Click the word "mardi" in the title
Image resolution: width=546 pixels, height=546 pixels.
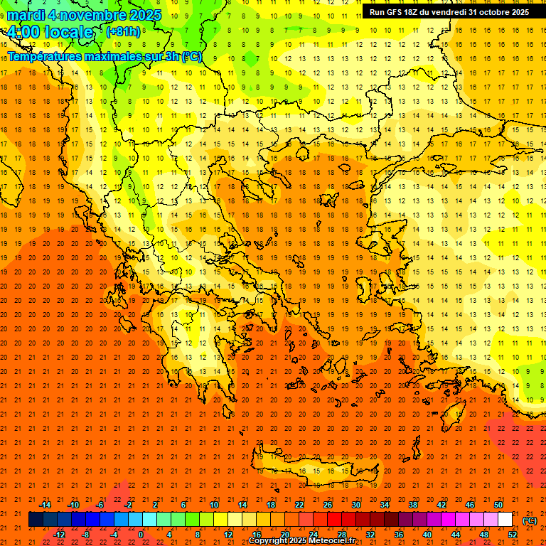28,15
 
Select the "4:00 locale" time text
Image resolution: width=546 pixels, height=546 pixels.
50,32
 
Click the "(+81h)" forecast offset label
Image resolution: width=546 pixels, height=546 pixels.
123,32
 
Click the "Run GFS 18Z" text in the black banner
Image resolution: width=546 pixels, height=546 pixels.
398,12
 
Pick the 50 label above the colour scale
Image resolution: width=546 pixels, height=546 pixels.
498,504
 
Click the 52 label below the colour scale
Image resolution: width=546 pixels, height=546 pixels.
512,534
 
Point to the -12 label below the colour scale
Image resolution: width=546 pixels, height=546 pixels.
59,534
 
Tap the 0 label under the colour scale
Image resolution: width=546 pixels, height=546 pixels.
141,534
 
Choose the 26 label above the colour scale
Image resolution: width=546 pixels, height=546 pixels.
328,504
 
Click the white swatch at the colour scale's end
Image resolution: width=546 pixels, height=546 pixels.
505,520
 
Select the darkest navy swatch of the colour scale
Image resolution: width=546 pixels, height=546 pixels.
36,520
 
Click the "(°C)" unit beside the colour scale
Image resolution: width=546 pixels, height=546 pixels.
530,520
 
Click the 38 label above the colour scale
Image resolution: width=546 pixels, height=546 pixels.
413,504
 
